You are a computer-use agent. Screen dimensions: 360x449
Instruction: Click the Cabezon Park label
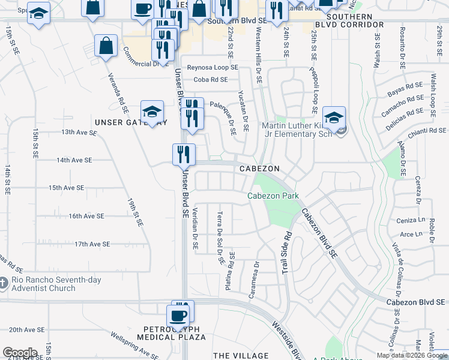[273, 196]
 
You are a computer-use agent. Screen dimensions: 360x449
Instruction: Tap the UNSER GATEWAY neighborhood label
[131, 122]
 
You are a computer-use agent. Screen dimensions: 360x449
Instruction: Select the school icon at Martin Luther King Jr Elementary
[333, 118]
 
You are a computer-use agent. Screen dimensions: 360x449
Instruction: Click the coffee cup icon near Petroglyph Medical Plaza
[178, 316]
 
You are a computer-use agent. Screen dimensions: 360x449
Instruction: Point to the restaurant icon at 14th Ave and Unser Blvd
[184, 154]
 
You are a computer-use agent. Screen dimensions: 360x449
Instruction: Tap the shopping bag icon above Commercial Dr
[106, 46]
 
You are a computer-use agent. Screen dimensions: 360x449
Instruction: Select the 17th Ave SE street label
[92, 244]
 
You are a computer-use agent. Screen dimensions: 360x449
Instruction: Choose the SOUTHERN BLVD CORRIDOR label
[349, 25]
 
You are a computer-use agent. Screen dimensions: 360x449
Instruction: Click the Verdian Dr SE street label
[194, 229]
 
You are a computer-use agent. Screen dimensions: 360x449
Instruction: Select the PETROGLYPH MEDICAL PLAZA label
[175, 333]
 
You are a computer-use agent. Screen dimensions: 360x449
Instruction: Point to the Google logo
[20, 353]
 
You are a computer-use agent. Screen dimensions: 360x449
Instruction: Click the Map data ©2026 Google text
[411, 355]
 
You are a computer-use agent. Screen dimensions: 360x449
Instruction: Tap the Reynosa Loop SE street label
[212, 68]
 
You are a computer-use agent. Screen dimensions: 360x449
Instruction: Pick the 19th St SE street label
[135, 212]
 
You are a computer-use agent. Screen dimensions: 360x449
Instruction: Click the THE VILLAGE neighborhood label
[241, 356]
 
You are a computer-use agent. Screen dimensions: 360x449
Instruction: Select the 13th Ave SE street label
[76, 132]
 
